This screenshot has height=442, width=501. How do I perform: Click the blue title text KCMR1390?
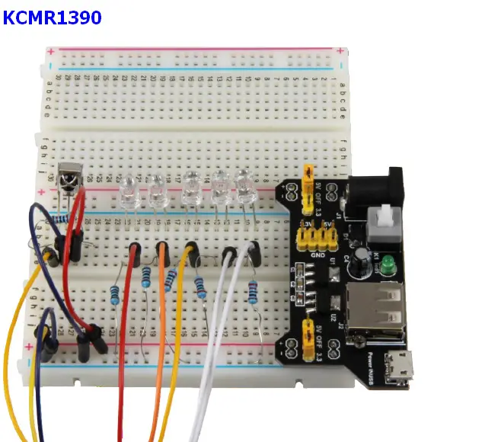click(52, 17)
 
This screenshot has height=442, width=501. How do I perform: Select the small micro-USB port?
click(397, 369)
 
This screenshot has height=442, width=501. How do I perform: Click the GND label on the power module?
click(314, 255)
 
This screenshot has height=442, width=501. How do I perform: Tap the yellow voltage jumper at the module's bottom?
click(309, 333)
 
